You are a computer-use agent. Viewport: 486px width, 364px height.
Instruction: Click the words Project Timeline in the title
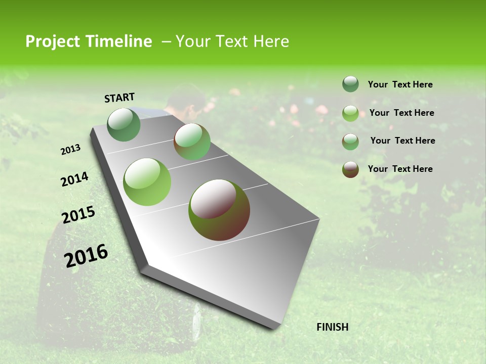click(x=89, y=41)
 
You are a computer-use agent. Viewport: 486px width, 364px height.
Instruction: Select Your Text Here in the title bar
click(x=232, y=41)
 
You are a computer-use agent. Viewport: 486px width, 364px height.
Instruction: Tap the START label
click(x=119, y=98)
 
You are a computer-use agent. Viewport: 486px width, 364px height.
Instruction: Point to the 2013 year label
click(x=70, y=150)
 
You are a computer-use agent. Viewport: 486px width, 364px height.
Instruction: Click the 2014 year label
click(x=74, y=179)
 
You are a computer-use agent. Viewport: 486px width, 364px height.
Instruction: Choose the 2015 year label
click(x=78, y=215)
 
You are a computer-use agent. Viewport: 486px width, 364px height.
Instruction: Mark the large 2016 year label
click(x=86, y=255)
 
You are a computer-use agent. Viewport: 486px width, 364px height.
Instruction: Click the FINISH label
click(x=333, y=327)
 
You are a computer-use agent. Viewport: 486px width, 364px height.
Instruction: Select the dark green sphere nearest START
click(x=124, y=124)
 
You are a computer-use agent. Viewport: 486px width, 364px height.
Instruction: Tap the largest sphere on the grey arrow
click(x=219, y=210)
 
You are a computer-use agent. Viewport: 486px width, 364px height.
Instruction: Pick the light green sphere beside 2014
click(x=147, y=182)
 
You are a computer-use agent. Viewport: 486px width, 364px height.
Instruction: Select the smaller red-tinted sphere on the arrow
click(x=192, y=142)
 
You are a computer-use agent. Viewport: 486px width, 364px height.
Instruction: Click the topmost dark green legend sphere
click(x=350, y=84)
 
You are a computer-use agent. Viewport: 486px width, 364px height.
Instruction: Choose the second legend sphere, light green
click(x=350, y=113)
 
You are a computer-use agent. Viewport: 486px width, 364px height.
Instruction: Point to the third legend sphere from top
click(x=350, y=142)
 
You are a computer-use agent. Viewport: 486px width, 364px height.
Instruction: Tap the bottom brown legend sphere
click(x=350, y=169)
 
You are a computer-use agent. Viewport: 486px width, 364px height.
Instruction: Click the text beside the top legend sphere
click(x=400, y=85)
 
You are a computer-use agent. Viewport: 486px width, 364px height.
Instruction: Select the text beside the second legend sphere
click(x=401, y=113)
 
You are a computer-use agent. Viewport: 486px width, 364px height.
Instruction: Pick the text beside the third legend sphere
click(x=402, y=141)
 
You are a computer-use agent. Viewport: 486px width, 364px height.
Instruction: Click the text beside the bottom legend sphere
click(x=400, y=169)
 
